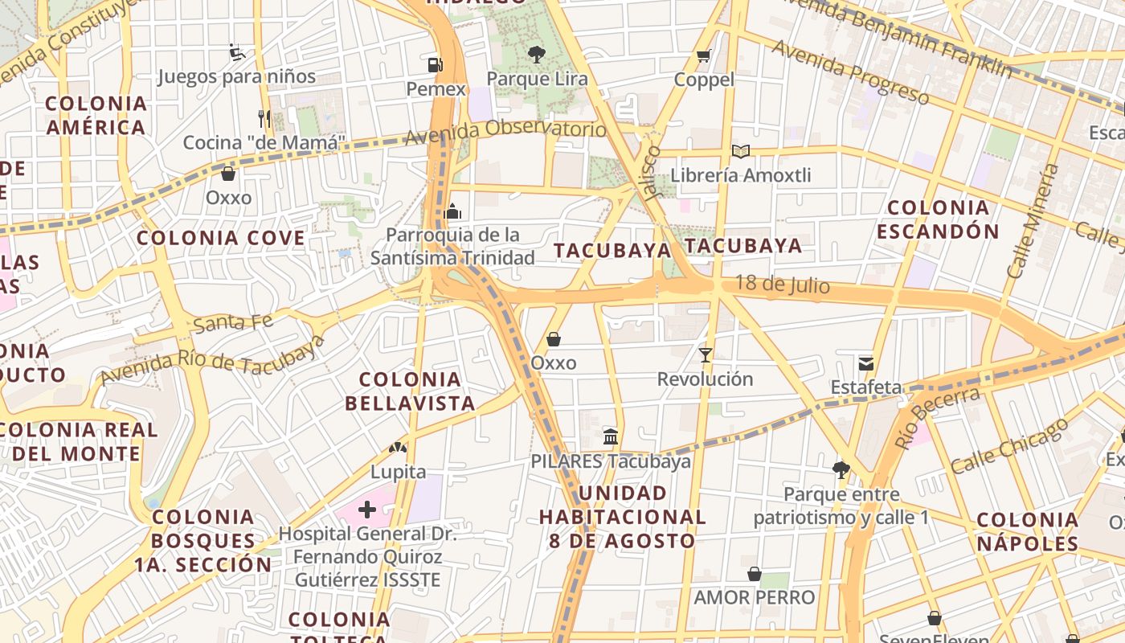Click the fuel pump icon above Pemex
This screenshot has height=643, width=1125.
pos(435,64)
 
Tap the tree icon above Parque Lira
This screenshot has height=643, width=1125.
pos(536,55)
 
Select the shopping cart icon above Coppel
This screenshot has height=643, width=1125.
pos(704,55)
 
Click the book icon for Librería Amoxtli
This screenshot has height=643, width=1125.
pos(740,151)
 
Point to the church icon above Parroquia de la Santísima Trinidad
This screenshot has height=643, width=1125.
pos(452,211)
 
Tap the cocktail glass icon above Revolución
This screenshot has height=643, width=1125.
pos(706,354)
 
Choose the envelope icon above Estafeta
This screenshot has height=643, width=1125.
pos(865,363)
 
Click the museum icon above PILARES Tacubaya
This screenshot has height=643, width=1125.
pos(611,436)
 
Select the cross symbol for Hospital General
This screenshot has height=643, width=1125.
pos(367,509)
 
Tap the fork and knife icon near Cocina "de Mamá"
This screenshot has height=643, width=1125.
pos(264,119)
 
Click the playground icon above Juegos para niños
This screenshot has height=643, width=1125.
pos(236,53)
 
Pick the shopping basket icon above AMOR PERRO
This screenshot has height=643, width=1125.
pos(754,574)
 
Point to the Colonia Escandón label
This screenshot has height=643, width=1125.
pos(938,219)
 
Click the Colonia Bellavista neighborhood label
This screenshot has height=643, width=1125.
pos(410,391)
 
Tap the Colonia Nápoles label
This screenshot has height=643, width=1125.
pos(1027,531)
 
